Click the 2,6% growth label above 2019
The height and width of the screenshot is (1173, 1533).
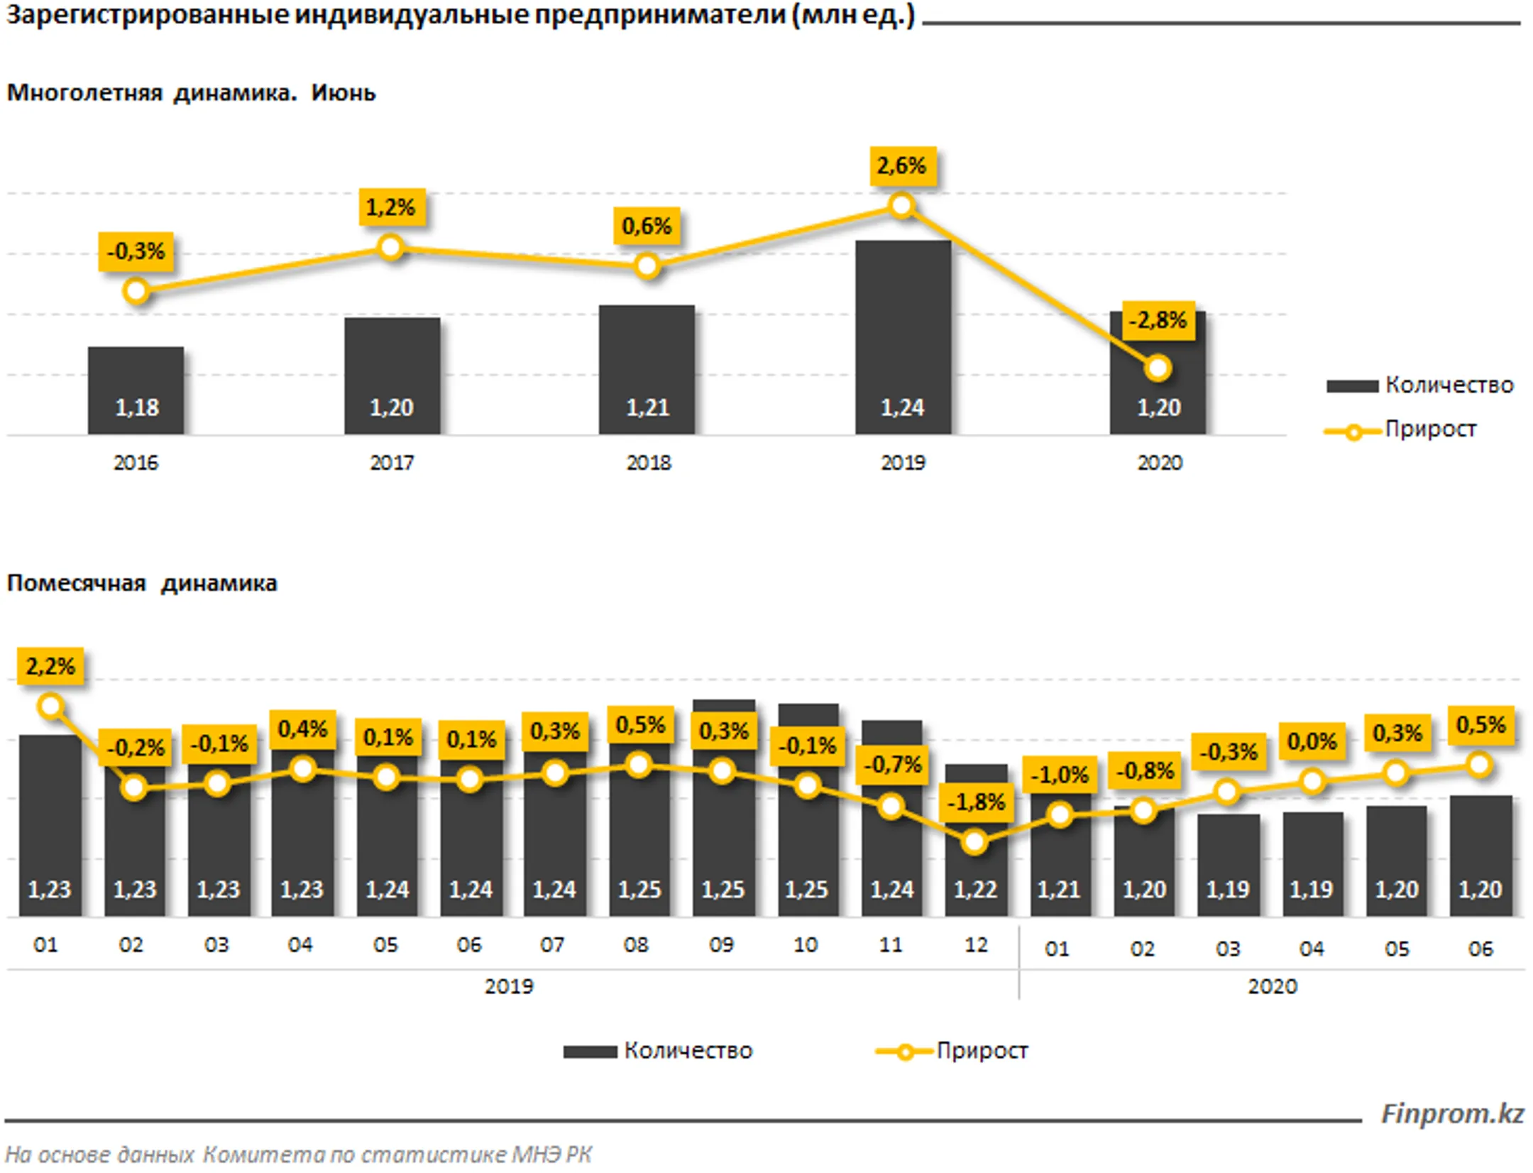click(x=902, y=166)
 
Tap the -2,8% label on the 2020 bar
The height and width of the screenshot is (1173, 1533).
click(x=1158, y=320)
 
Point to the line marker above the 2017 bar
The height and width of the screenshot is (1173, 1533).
click(x=391, y=247)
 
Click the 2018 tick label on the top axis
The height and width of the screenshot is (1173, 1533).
click(x=648, y=463)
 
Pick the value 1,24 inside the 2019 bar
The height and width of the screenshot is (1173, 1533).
click(x=902, y=408)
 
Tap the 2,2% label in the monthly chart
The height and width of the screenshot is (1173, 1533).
click(x=50, y=666)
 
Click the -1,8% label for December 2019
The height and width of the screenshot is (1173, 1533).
click(x=977, y=802)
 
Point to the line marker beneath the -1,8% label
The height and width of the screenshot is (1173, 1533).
click(x=975, y=842)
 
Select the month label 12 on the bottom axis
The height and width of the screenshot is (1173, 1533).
click(x=976, y=945)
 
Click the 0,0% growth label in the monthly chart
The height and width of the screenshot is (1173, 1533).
click(x=1312, y=742)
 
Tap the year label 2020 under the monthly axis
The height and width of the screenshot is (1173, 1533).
click(x=1273, y=986)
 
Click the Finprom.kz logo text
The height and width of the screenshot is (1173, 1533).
click(x=1452, y=1113)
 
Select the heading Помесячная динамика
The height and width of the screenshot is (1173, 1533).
click(x=142, y=583)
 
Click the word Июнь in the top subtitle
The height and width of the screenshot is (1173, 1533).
click(x=344, y=93)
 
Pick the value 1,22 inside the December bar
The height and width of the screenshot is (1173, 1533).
click(x=975, y=889)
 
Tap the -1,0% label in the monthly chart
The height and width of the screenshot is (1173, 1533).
click(x=1060, y=775)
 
